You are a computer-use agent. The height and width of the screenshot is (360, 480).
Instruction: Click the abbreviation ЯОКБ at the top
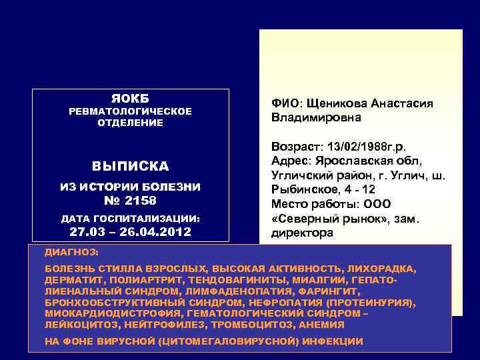coord(131,98)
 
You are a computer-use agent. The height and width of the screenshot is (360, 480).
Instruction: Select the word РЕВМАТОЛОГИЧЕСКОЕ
coord(131,111)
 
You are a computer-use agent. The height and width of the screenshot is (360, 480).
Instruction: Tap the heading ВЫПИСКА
coord(131,166)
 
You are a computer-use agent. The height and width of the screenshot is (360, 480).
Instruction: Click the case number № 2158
coord(131,199)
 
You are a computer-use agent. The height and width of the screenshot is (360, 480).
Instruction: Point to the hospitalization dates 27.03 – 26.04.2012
coord(131,232)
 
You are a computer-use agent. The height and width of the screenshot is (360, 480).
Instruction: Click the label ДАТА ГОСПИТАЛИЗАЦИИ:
coord(131,218)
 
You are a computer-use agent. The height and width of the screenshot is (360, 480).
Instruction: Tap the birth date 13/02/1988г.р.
coord(370,146)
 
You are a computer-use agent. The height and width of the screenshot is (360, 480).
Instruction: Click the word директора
coord(301,233)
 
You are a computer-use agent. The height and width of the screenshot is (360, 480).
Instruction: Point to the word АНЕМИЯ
coord(322,325)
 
